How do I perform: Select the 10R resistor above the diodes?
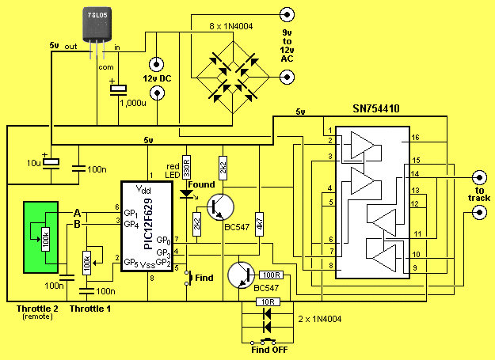click(268, 301)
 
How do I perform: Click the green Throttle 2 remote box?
click(39, 237)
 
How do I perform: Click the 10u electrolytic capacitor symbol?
click(51, 164)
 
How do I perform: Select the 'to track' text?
click(478, 194)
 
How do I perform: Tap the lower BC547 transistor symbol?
click(241, 275)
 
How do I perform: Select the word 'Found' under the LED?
click(202, 185)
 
